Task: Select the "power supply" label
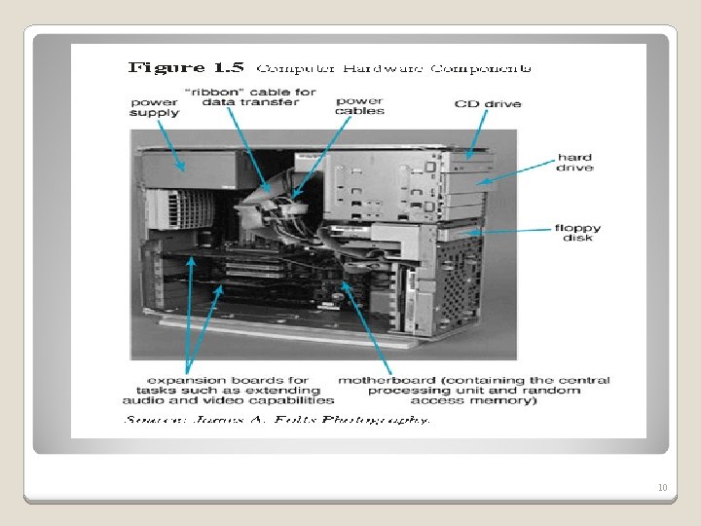pyautogui.click(x=154, y=108)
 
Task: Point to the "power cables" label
pyautogui.click(x=359, y=105)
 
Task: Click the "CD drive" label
pyautogui.click(x=487, y=104)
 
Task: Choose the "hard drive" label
pyautogui.click(x=573, y=163)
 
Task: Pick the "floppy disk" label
pyautogui.click(x=577, y=233)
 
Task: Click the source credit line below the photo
pyautogui.click(x=277, y=420)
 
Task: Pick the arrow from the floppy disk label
pyautogui.click(x=516, y=231)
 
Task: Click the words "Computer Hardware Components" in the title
pyautogui.click(x=393, y=68)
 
